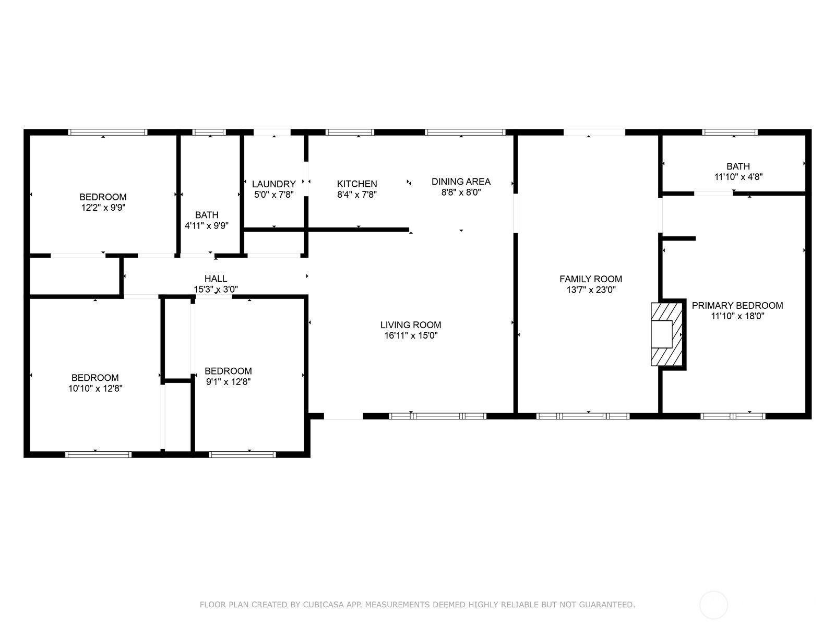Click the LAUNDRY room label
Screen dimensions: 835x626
(273, 184)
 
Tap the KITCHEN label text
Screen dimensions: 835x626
(357, 184)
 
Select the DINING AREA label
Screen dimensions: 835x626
(461, 182)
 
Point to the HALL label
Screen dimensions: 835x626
(216, 279)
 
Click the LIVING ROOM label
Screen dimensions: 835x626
(411, 325)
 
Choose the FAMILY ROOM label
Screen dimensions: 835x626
(591, 279)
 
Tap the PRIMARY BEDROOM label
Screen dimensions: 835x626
(737, 306)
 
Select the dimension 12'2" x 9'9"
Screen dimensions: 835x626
(103, 208)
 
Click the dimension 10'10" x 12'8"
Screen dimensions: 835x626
(95, 389)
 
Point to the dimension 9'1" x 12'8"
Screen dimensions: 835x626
(228, 382)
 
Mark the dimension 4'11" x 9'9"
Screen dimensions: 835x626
(207, 226)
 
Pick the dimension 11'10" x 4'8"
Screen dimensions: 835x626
(738, 177)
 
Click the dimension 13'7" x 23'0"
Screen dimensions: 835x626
(591, 290)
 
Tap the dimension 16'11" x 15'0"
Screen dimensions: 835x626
(411, 335)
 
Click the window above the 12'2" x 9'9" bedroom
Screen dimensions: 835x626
(108, 133)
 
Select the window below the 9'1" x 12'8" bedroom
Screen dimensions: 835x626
(242, 454)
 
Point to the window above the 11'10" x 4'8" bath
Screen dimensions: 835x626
(730, 133)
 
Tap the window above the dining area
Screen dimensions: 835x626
(465, 133)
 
